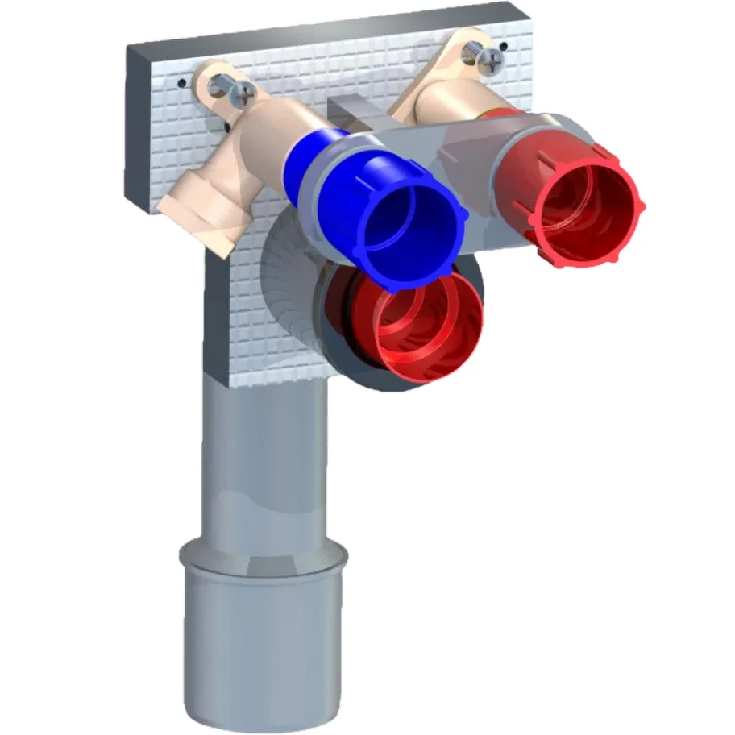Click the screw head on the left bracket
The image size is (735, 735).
tap(240, 94)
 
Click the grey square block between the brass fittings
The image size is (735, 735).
tap(355, 112)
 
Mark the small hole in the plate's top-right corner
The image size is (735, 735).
tap(504, 47)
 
